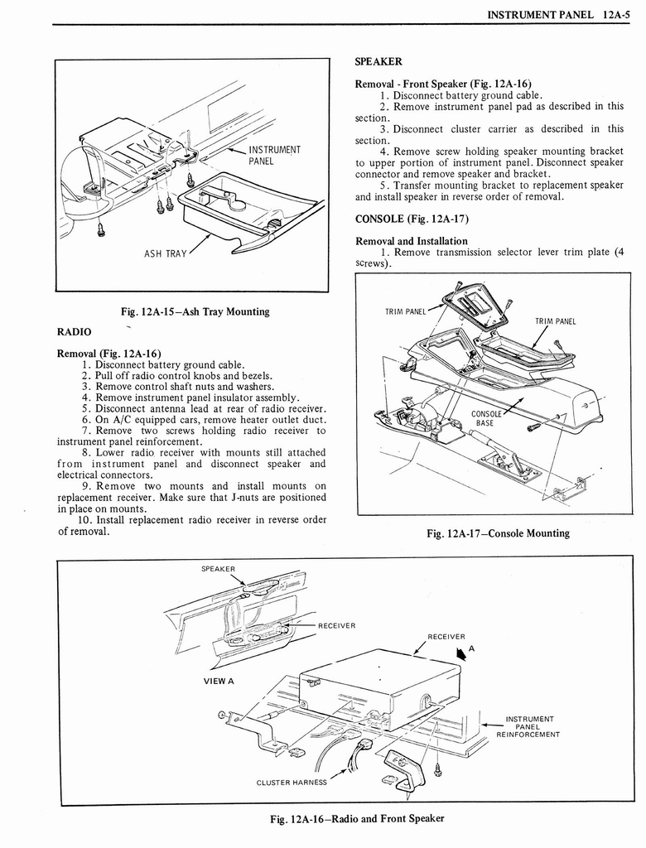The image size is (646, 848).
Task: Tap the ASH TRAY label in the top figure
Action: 166,253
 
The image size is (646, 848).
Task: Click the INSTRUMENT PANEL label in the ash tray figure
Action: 274,155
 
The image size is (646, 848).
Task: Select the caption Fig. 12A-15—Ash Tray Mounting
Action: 195,311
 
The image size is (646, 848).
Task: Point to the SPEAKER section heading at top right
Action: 378,61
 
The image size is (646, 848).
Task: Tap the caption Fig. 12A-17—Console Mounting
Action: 498,532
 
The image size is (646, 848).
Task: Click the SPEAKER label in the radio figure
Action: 219,568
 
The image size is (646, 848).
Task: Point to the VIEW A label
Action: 219,682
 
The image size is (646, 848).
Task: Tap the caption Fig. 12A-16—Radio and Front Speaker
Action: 357,818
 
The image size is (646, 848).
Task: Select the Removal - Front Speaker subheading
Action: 443,84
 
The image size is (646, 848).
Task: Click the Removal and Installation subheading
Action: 411,241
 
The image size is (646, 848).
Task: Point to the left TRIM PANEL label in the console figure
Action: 405,312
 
